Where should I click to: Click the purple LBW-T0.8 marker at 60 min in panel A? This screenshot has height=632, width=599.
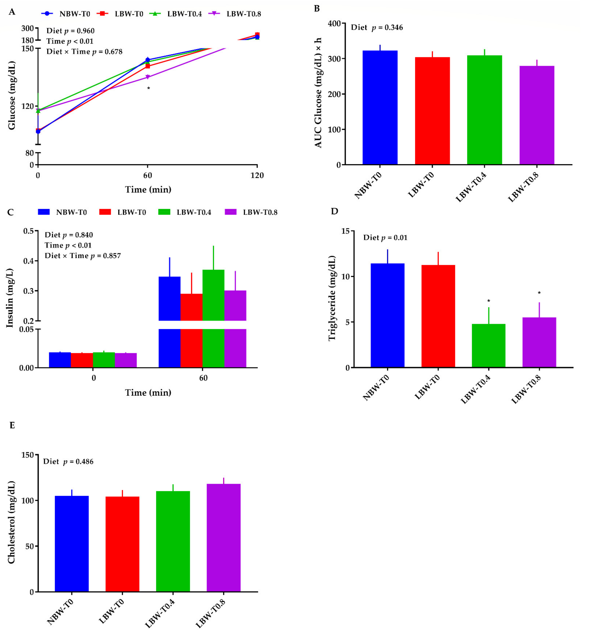147,77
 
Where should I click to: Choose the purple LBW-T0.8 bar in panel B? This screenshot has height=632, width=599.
537,115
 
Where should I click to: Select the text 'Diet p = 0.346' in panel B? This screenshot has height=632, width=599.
377,27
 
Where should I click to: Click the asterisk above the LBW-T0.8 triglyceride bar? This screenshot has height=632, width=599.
539,293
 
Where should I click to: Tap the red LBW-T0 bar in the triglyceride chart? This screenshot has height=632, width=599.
438,316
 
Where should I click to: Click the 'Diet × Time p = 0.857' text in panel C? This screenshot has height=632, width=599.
83,256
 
